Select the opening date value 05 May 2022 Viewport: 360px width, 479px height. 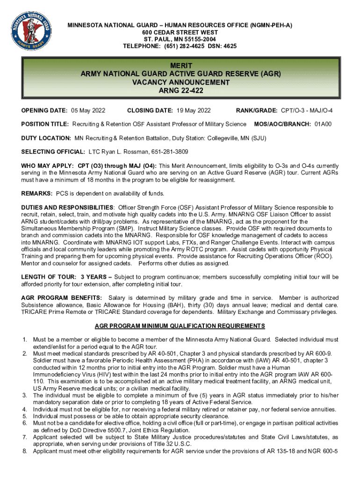click(x=88, y=110)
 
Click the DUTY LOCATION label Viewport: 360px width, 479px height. click(x=46, y=138)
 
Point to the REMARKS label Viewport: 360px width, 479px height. click(x=37, y=194)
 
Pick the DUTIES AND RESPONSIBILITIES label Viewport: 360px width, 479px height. click(x=67, y=207)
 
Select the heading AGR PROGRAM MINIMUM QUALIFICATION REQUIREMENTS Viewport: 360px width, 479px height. click(x=180, y=326)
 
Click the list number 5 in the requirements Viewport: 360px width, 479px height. click(x=24, y=416)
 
